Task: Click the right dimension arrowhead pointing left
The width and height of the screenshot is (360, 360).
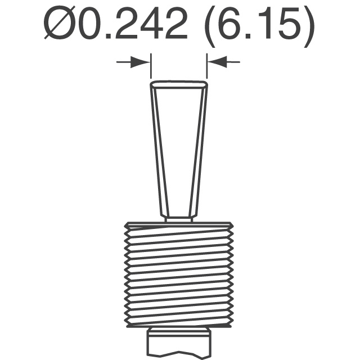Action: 217,62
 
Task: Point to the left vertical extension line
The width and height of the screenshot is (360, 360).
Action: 151,66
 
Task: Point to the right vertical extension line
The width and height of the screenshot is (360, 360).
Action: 207,66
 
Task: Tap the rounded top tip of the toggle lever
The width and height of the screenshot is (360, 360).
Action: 179,84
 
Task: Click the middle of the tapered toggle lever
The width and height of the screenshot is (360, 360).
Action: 179,149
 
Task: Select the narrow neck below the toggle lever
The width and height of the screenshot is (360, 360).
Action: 179,219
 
